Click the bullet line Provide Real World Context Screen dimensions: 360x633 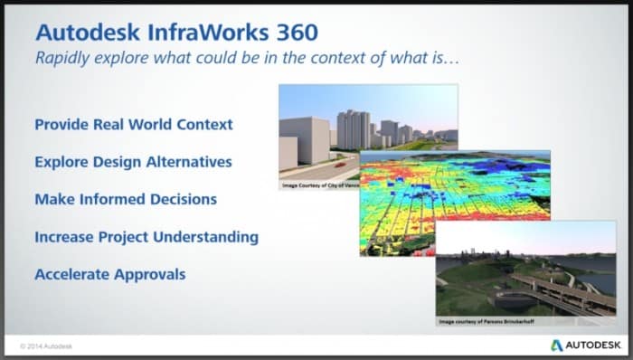point(133,124)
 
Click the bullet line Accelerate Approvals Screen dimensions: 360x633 point(109,273)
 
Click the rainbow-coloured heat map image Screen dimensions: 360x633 point(434,194)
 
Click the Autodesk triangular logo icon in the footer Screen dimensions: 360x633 point(557,345)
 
